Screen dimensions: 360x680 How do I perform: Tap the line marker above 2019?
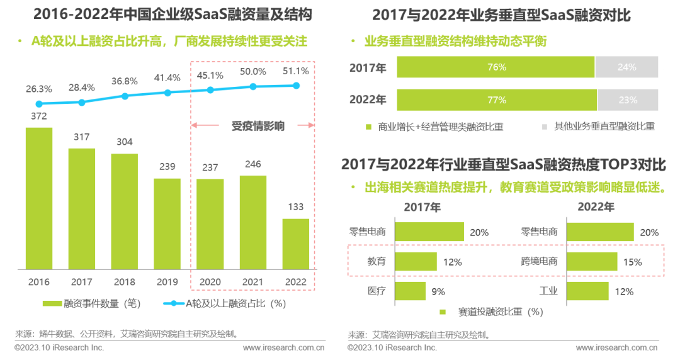pos(167,93)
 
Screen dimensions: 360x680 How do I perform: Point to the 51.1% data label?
pos(296,71)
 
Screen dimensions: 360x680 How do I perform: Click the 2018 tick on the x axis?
pos(125,283)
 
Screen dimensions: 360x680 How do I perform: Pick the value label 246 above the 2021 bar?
pos(252,164)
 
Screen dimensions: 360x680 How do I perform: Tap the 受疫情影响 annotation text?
pos(258,126)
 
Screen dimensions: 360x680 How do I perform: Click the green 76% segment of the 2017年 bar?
pos(496,67)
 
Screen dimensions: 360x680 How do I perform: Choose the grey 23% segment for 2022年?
pos(628,100)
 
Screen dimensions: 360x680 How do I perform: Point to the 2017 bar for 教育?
pos(416,261)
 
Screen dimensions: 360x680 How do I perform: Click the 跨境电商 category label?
pos(540,261)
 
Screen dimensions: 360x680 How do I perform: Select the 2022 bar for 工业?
pos(588,291)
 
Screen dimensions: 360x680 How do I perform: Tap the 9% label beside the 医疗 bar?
pos(438,291)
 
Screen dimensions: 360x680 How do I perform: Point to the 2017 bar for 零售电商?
pos(429,232)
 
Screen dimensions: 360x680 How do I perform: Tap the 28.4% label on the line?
pos(82,87)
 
